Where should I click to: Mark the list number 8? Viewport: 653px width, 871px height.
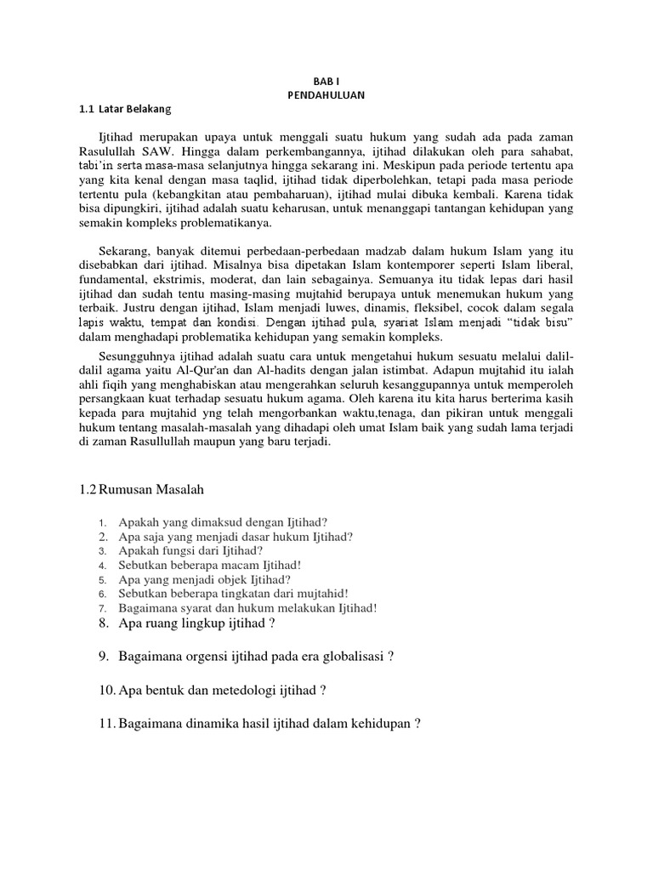click(103, 623)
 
